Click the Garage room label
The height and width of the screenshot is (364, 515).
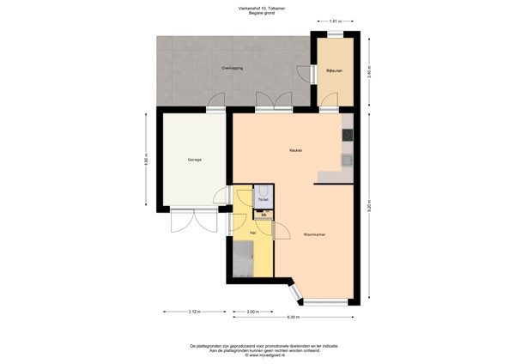coord(195,161)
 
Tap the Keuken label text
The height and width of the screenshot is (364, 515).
coord(294,151)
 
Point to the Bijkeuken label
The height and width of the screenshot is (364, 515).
coord(335,70)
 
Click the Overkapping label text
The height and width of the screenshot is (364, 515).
coord(232,67)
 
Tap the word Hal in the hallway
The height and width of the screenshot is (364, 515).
coord(252,233)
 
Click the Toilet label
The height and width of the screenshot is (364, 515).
coord(263,200)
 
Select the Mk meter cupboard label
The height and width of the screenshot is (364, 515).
coord(264,215)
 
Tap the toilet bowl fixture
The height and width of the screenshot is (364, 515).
coord(264,191)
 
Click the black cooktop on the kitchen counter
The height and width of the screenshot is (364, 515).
coord(348,135)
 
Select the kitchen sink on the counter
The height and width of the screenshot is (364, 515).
coord(348,159)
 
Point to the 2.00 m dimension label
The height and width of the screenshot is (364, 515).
coord(252,312)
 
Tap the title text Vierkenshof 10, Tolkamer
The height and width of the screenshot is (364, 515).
coord(257,8)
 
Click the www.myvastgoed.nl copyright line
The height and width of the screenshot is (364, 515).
coord(257,355)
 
